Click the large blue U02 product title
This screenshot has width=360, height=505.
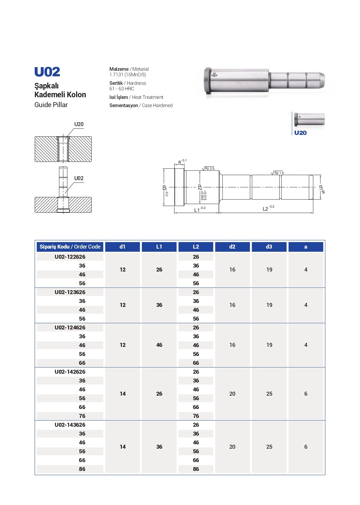click(x=47, y=72)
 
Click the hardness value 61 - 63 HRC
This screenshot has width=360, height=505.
click(x=122, y=89)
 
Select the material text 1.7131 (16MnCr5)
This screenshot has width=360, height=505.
click(x=128, y=75)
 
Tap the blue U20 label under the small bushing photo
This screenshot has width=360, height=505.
click(x=300, y=133)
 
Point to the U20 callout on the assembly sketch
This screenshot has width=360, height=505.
click(x=79, y=124)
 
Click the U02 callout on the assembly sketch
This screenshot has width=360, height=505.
click(x=79, y=178)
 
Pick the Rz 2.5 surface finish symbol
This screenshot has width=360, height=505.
click(x=209, y=168)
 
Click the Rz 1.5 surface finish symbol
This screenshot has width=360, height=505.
click(x=278, y=173)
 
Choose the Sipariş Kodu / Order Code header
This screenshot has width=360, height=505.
click(x=70, y=247)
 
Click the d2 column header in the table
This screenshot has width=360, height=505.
click(x=232, y=247)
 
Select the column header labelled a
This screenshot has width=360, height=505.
click(x=306, y=247)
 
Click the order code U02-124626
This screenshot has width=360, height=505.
click(x=70, y=327)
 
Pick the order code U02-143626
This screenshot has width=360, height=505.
click(x=70, y=425)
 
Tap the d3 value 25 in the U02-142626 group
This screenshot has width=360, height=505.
click(x=269, y=394)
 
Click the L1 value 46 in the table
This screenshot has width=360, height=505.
click(x=159, y=345)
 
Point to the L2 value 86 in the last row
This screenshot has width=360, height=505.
click(x=196, y=469)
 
